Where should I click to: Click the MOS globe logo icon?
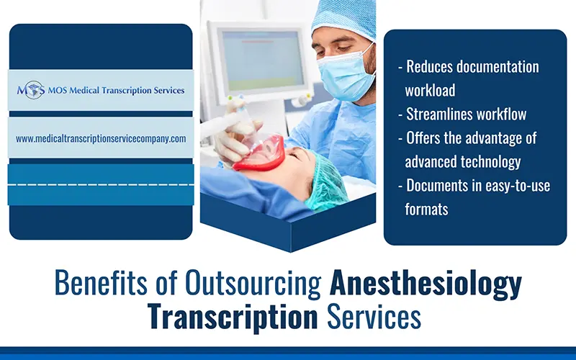31,91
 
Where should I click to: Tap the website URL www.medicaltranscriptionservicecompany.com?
101,138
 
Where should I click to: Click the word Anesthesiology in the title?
426,284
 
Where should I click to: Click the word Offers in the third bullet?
426,138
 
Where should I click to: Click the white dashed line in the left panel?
101,184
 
